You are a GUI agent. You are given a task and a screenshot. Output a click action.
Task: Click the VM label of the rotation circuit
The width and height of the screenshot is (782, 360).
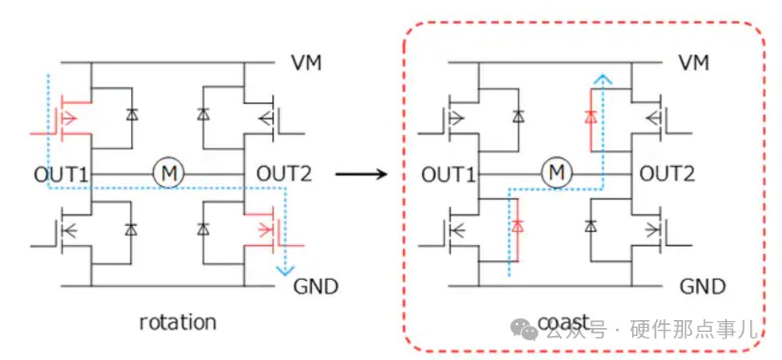(306, 63)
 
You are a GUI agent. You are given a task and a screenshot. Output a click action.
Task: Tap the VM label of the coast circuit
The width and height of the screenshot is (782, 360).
(693, 63)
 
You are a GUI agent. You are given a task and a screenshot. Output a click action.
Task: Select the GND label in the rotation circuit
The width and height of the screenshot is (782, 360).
(316, 287)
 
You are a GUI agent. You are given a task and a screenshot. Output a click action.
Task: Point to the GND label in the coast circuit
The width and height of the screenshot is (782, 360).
(703, 287)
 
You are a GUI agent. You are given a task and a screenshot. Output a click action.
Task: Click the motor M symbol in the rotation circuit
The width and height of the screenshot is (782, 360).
(168, 174)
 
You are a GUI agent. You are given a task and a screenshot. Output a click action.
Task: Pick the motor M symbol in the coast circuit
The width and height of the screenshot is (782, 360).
(556, 174)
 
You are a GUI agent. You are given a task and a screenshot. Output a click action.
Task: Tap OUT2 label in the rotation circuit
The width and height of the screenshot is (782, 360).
(284, 175)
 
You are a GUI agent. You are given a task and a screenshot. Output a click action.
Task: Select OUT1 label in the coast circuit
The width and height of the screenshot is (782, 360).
(448, 175)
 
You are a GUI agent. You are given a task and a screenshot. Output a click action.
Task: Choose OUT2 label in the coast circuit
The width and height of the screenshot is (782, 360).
(667, 175)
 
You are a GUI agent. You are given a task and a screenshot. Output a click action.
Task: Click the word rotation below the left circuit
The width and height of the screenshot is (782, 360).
(177, 322)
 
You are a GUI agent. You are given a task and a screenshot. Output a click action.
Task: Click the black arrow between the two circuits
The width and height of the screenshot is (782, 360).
(361, 174)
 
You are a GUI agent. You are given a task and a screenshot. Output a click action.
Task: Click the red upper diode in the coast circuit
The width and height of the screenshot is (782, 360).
(591, 117)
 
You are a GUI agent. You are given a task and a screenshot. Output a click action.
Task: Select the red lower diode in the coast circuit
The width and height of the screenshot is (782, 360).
(518, 225)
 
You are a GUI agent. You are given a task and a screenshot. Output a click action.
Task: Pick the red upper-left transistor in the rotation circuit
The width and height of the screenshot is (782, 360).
(67, 117)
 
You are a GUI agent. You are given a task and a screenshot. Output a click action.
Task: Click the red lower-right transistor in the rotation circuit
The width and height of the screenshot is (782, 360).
(272, 229)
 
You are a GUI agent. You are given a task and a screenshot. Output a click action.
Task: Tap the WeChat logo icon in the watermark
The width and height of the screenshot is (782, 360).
(523, 330)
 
